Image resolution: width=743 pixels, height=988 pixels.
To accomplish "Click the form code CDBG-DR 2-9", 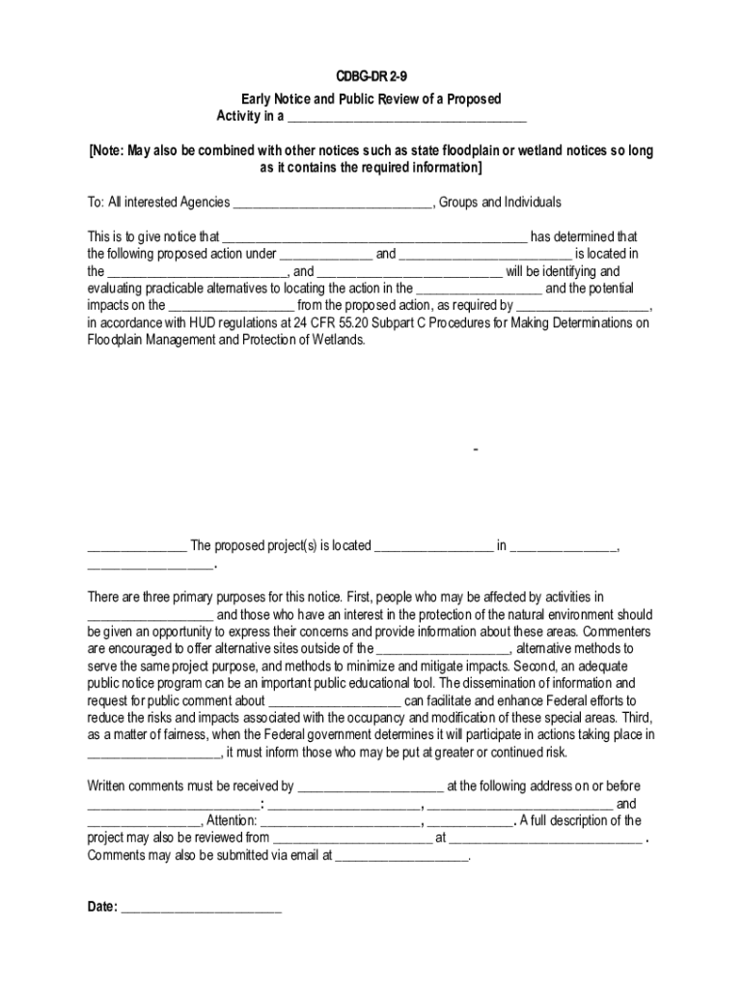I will (x=371, y=76).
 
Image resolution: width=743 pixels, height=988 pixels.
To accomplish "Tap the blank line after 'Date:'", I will (x=201, y=907).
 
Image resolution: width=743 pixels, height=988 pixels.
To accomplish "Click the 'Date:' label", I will (x=102, y=907).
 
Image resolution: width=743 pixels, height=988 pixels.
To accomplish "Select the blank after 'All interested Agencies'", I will (x=333, y=203).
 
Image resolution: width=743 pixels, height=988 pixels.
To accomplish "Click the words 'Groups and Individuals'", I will (x=500, y=203).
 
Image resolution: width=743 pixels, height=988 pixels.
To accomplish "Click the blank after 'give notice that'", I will (x=374, y=237).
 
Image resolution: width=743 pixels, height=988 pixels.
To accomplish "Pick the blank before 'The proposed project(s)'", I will (x=136, y=547).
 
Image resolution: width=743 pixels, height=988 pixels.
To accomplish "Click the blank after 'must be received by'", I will (x=371, y=787).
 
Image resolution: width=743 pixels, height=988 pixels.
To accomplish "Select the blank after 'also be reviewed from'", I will (x=352, y=838).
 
